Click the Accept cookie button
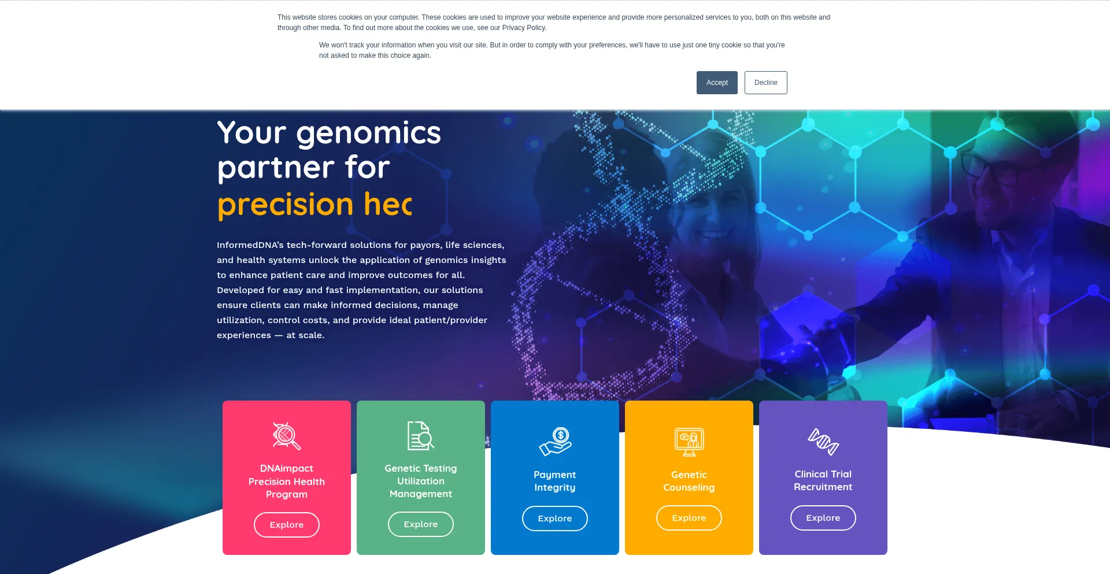pyautogui.click(x=717, y=83)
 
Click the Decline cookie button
pyautogui.click(x=766, y=83)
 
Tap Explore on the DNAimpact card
pyautogui.click(x=287, y=525)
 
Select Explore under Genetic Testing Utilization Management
pyautogui.click(x=421, y=524)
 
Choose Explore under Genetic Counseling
pyautogui.click(x=689, y=518)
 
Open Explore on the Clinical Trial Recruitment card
pyautogui.click(x=823, y=518)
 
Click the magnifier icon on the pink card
pyautogui.click(x=287, y=436)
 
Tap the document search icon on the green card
pyautogui.click(x=421, y=436)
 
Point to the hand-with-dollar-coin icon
pyautogui.click(x=555, y=442)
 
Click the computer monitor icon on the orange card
pyautogui.click(x=689, y=442)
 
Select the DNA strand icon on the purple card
pyautogui.click(x=823, y=442)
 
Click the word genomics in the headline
pyautogui.click(x=369, y=134)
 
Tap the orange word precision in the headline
pyautogui.click(x=286, y=206)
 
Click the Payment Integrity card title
pyautogui.click(x=555, y=481)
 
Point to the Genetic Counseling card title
pyautogui.click(x=689, y=481)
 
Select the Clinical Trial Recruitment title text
pyautogui.click(x=823, y=480)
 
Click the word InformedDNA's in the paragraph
pyautogui.click(x=250, y=245)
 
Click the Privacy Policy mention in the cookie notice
pyautogui.click(x=524, y=28)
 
